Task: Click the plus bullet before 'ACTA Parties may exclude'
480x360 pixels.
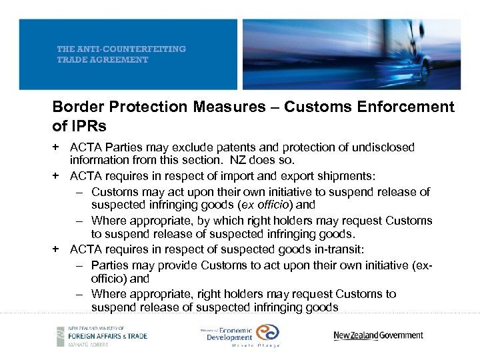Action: (x=57, y=147)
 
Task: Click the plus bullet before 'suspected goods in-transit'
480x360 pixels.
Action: (x=57, y=249)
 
